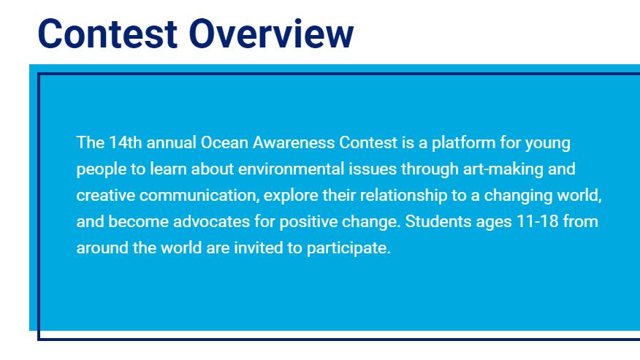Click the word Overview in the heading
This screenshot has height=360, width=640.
point(271,34)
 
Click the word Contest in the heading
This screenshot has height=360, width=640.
point(107,34)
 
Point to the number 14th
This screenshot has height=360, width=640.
point(126,142)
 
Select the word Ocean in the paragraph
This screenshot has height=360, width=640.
point(224,142)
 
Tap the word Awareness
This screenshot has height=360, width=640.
point(294,142)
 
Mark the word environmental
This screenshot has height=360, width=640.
point(291,169)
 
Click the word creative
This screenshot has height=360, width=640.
point(106,195)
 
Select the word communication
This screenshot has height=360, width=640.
point(199,196)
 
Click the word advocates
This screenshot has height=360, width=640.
point(211,222)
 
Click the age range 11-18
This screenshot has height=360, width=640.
point(538,222)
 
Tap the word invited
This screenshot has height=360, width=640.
point(259,248)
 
